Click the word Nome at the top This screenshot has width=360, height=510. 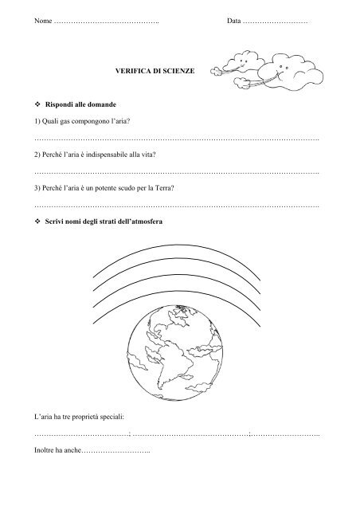44,18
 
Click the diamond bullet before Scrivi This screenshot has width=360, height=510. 39,222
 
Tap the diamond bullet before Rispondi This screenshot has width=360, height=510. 39,106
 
